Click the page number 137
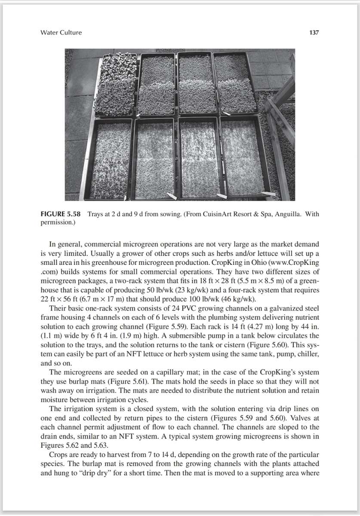(314, 33)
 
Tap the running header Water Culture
(61, 33)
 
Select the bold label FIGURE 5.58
(60, 214)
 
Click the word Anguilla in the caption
(286, 214)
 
